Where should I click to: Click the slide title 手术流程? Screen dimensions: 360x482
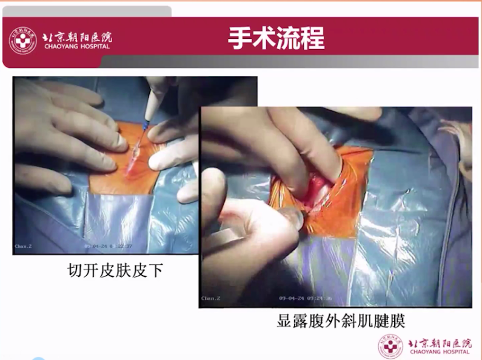(x=276, y=38)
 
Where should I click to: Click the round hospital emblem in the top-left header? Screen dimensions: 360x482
(x=22, y=41)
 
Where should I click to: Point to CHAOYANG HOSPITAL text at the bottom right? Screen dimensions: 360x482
(x=440, y=352)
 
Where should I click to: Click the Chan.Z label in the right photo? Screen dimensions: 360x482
(x=210, y=298)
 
